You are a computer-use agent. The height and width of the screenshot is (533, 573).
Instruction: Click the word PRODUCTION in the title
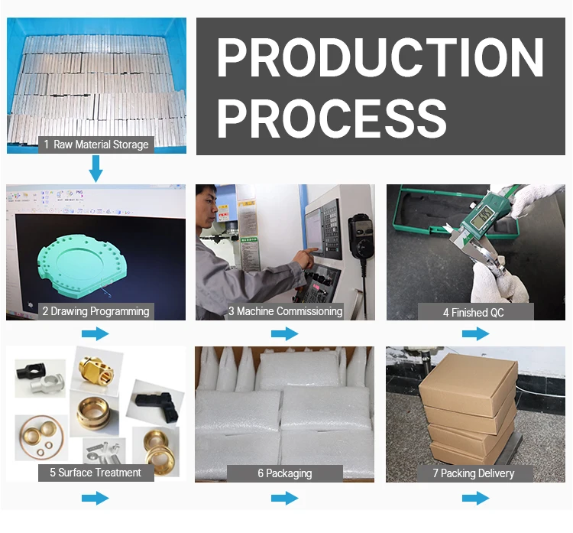click(380, 57)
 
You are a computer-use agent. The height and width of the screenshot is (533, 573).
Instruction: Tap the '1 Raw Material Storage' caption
click(95, 144)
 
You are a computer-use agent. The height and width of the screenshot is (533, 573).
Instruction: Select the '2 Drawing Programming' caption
click(95, 311)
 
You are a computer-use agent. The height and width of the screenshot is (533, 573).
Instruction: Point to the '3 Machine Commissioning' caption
click(285, 311)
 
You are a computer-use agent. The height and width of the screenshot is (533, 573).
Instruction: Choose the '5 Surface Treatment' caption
click(95, 473)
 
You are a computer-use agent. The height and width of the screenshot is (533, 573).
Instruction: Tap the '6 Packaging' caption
click(284, 473)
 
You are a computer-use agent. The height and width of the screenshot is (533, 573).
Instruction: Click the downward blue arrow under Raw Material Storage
click(95, 168)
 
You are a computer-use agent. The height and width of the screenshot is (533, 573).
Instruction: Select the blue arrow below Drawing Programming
click(95, 333)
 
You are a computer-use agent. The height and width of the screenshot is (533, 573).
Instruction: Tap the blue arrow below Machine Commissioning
click(284, 333)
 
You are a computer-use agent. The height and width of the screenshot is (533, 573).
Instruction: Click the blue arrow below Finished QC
click(474, 333)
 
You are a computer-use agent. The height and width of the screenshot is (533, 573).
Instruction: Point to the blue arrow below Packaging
click(284, 499)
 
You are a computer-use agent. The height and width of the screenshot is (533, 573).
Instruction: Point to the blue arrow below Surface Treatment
click(95, 499)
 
